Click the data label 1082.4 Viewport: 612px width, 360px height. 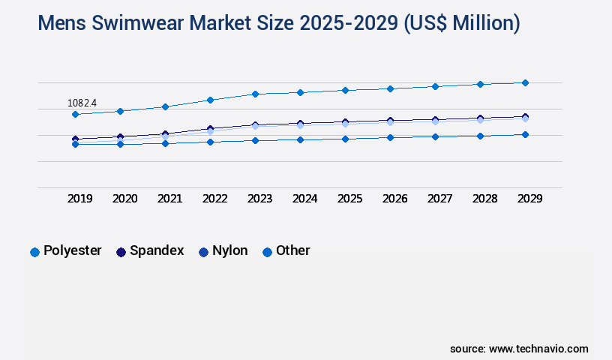tap(82, 102)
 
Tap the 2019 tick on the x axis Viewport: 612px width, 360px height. tap(80, 199)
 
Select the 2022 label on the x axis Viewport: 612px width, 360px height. tap(215, 199)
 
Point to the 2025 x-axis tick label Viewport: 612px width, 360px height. tap(349, 199)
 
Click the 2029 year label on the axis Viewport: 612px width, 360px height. tap(529, 199)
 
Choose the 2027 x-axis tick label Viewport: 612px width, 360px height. tap(439, 199)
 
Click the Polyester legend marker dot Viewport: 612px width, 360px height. tap(34, 252)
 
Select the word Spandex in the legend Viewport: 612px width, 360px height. tap(157, 250)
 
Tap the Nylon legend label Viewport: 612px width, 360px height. tap(229, 250)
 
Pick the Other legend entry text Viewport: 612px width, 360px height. tap(292, 250)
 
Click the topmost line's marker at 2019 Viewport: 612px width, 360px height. tap(75, 114)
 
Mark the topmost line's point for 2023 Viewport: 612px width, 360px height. tap(255, 94)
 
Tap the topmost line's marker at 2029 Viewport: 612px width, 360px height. tap(525, 82)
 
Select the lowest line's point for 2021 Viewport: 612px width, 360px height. tap(165, 143)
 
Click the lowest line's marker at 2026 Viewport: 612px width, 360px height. tap(390, 137)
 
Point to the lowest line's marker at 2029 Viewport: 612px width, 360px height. tap(525, 134)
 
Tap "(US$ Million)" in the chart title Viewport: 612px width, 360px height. tap(461, 23)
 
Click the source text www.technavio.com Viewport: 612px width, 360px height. tap(538, 349)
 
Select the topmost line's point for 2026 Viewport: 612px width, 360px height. tap(390, 88)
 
